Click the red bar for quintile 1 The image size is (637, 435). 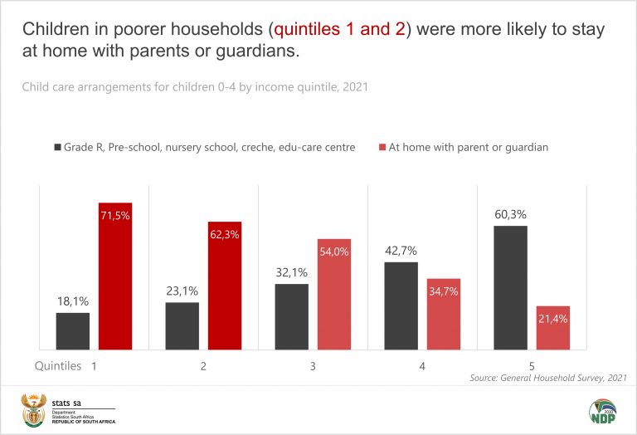point(115,276)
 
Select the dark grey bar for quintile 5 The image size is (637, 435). point(510,287)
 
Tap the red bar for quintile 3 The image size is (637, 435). point(334,294)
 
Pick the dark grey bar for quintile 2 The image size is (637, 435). point(182,325)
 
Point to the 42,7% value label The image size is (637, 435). point(401,252)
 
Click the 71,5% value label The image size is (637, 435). point(115,216)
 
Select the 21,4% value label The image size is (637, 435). point(552,319)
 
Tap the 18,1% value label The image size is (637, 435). point(73,302)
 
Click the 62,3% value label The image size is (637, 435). point(225,235)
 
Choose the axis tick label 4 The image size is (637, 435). point(422,365)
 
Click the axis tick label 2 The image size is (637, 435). point(203,365)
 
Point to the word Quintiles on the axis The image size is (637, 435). point(58,365)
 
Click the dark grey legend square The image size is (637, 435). point(58,148)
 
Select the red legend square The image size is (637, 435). point(383,148)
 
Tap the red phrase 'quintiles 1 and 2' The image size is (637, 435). point(342,30)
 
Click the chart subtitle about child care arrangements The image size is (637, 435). point(196,86)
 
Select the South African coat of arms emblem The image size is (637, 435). point(34,409)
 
